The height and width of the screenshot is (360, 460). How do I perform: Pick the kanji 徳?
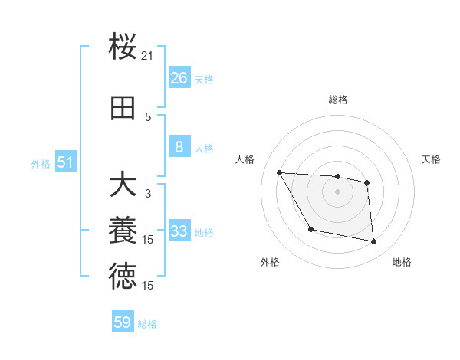pos(123,276)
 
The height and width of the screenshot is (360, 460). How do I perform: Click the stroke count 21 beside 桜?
pos(148,56)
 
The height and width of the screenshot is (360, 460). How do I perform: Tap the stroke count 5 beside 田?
pos(148,116)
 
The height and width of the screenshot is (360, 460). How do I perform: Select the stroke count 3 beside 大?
pos(148,194)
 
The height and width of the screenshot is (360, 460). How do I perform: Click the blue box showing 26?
pos(179,77)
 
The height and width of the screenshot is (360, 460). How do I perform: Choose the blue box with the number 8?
pos(179,147)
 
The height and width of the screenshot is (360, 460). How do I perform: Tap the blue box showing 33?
pos(179,231)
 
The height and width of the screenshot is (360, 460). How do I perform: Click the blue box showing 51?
pos(66,162)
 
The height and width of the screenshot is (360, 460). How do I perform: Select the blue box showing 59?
pos(123,322)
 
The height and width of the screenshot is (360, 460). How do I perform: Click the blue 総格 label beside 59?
pos(147,324)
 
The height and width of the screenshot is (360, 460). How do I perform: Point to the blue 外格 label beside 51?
pos(41,164)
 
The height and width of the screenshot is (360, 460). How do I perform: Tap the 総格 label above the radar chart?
pos(337,100)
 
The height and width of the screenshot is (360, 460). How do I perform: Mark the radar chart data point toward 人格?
pos(279,172)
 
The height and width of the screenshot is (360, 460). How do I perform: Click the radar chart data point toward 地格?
pos(373,242)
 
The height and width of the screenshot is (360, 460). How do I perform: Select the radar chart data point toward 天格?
pos(367,182)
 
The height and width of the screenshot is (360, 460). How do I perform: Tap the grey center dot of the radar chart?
pos(337,191)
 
